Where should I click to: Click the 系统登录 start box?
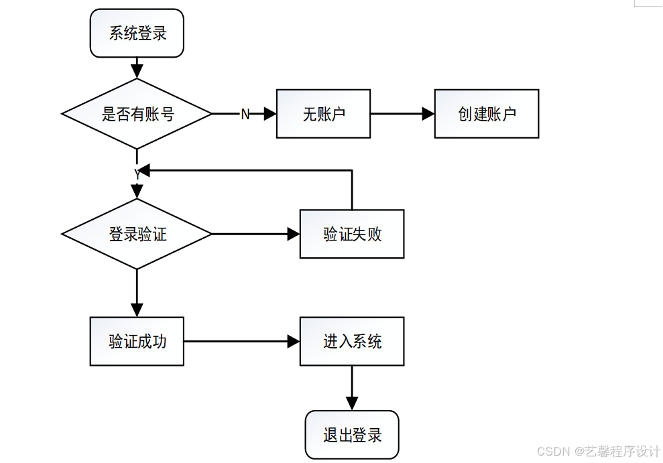point(137,34)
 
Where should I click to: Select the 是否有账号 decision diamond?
point(137,114)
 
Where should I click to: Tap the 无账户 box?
point(323,114)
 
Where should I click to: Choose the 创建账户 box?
point(487,114)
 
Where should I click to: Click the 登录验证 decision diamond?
point(137,234)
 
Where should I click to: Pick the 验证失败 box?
point(352,234)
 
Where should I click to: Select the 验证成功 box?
point(137,341)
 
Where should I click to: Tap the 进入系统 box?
point(352,341)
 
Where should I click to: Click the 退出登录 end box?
point(352,435)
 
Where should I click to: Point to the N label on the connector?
point(245,115)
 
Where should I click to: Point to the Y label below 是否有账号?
point(137,174)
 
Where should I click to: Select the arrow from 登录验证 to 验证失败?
point(255,234)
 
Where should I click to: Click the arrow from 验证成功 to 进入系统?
point(241,341)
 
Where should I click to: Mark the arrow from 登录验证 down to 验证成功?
point(137,292)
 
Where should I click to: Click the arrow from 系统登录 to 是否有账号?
point(137,68)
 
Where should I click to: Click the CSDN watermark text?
point(598,451)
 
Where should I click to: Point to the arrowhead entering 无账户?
point(270,114)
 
